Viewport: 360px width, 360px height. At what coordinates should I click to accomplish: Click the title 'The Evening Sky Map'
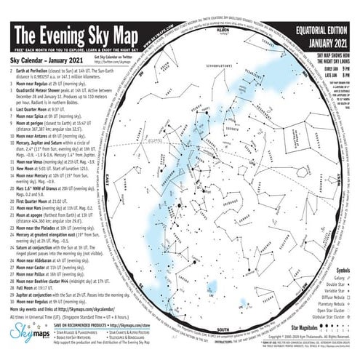(x=87, y=35)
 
